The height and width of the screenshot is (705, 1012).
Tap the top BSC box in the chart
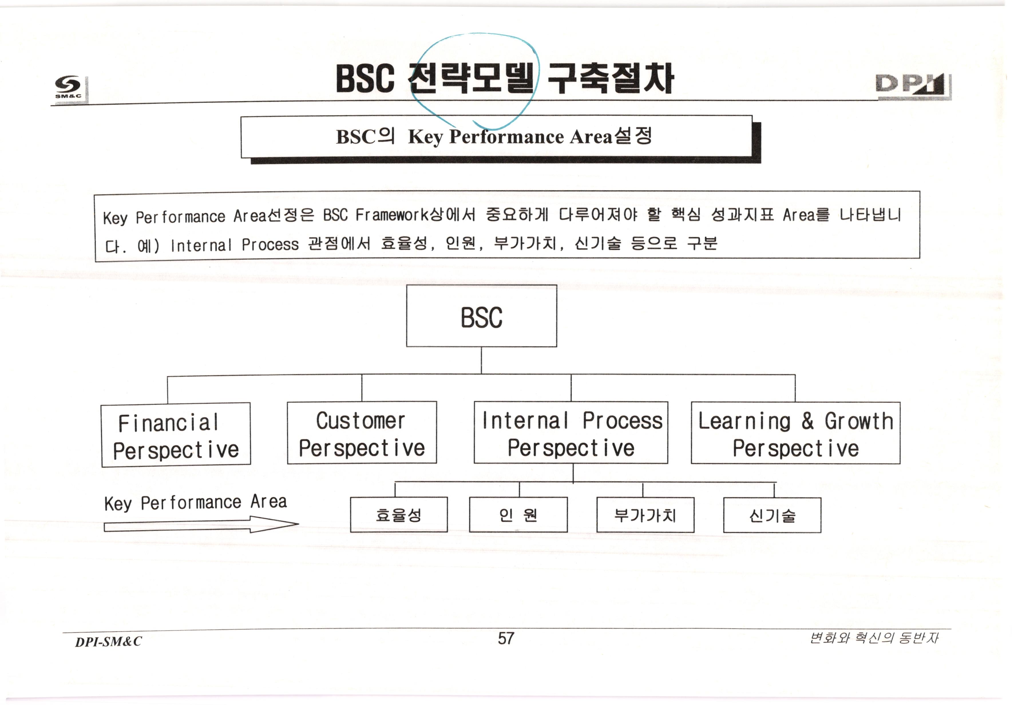pos(481,316)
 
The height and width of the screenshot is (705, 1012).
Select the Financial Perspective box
pos(176,434)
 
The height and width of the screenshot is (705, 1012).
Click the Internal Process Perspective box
pos(571,433)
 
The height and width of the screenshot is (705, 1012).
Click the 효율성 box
pos(399,515)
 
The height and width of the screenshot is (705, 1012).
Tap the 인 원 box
pos(518,515)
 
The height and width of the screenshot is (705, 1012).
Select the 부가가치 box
pos(645,515)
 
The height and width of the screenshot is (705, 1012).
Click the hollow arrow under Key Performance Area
pos(201,525)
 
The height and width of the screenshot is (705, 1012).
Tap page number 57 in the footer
pos(506,638)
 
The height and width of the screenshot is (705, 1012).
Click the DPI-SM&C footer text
pos(108,641)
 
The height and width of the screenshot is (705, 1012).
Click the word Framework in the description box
pos(392,215)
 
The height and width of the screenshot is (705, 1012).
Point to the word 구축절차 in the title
pos(611,78)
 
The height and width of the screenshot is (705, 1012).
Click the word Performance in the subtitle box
pos(506,137)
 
